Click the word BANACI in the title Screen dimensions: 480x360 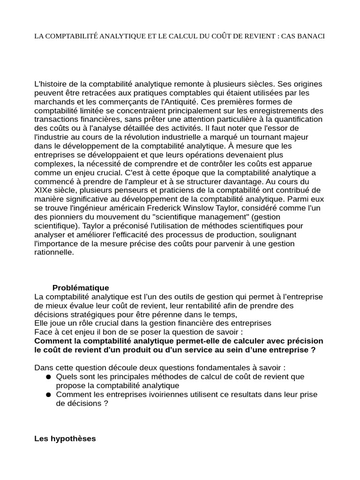(310, 36)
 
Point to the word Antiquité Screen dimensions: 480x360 (178, 101)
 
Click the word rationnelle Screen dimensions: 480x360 (54, 252)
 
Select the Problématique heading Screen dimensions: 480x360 (81, 288)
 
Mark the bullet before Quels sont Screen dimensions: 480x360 (48, 377)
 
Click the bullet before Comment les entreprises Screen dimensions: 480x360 (48, 395)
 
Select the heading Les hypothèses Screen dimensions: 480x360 (65, 439)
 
